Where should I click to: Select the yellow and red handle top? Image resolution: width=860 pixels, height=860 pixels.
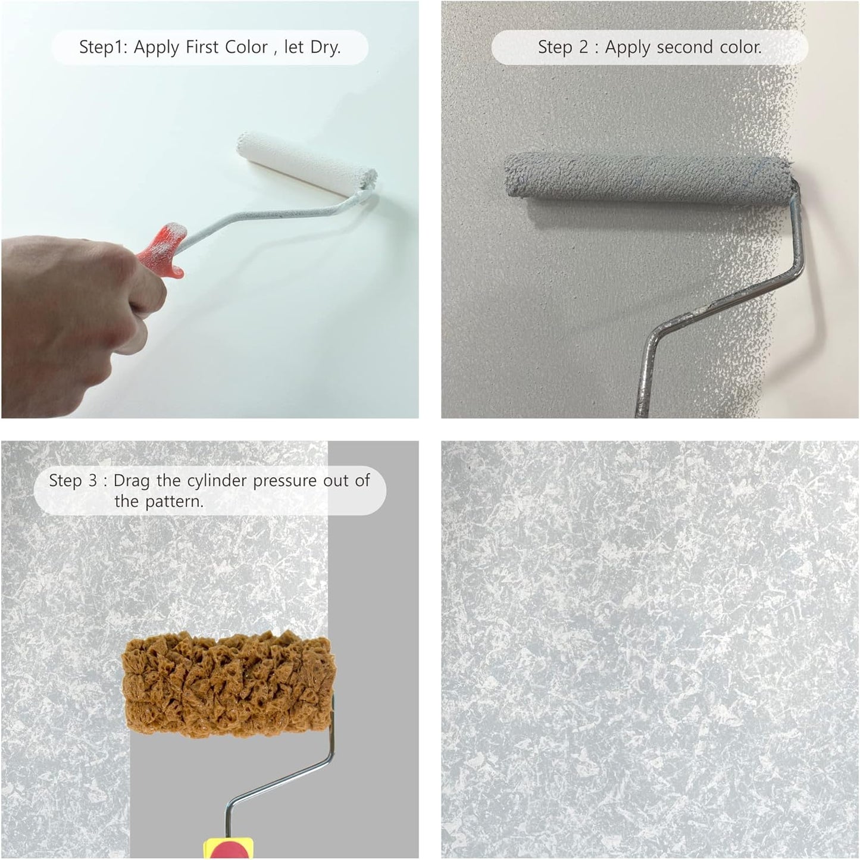228,848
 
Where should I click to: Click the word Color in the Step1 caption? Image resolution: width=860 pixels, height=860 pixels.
246,47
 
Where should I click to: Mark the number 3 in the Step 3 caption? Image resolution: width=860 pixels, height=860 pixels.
92,481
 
